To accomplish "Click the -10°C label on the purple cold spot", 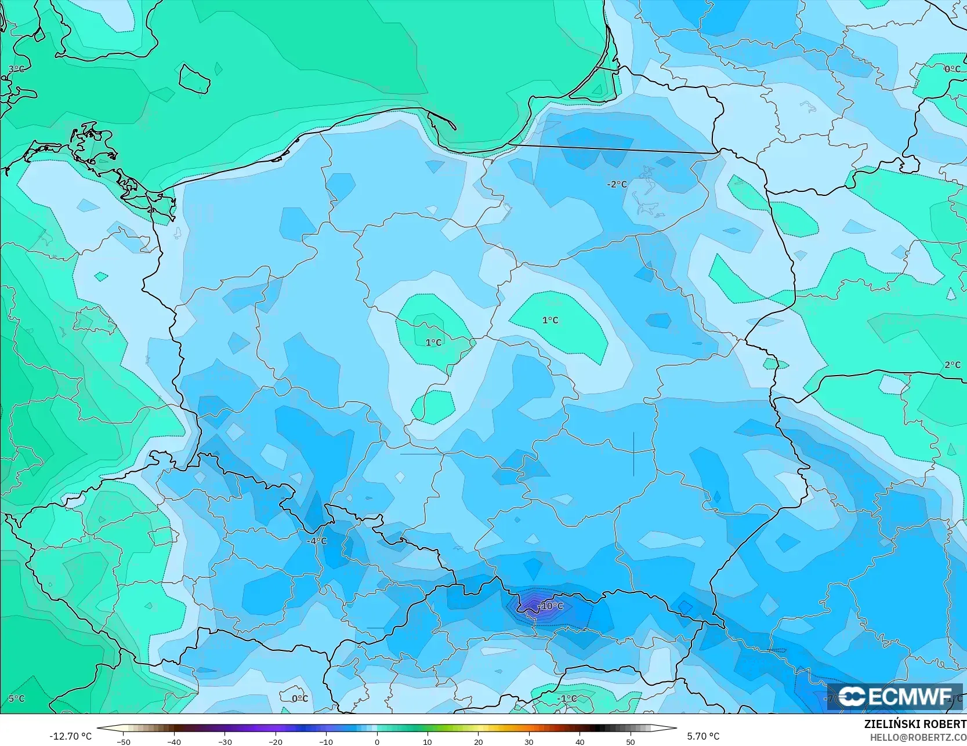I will click(550, 606).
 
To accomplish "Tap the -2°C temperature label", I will click(617, 184).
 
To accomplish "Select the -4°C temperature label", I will click(317, 541).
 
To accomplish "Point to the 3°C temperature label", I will click(16, 69).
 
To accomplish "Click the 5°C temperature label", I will click(16, 698).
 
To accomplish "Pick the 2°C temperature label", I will click(952, 365).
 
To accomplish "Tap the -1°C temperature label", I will click(567, 698).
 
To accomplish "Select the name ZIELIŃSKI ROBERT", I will click(915, 724).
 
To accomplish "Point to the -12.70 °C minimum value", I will click(70, 736).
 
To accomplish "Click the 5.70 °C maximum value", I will click(703, 736).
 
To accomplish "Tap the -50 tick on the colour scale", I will click(123, 742).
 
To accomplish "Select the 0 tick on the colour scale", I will click(376, 742).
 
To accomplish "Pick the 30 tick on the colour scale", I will click(529, 742).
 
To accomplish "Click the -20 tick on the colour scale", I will click(275, 742).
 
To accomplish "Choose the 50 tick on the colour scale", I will click(631, 742).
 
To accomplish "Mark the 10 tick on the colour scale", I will click(428, 742).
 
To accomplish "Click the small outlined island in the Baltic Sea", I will click(194, 79).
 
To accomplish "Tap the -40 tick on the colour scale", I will click(173, 742).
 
